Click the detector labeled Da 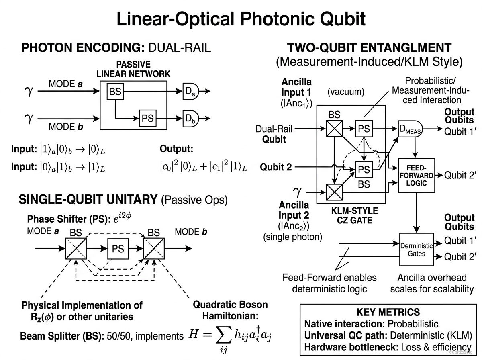[190, 91]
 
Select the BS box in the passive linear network [115, 92]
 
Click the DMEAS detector [409, 129]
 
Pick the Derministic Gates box [416, 249]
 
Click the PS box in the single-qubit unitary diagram [118, 249]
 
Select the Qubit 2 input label [276, 167]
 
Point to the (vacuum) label [346, 92]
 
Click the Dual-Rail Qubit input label [274, 134]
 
